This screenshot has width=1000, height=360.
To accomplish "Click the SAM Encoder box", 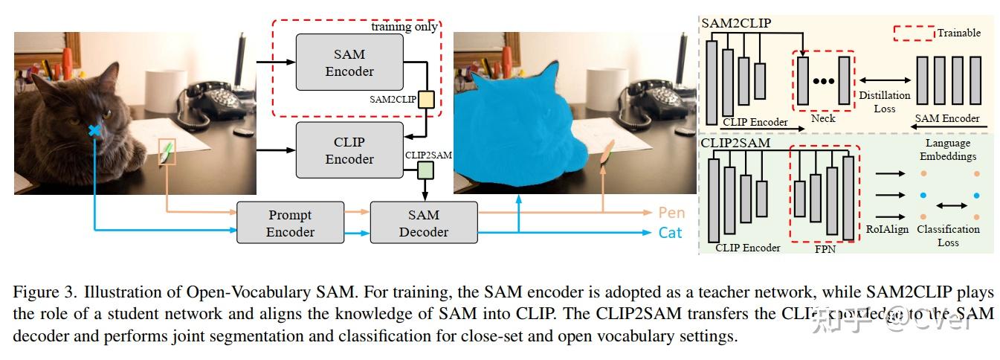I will pyautogui.click(x=349, y=62).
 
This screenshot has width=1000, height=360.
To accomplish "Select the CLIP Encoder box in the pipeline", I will pyautogui.click(x=349, y=150).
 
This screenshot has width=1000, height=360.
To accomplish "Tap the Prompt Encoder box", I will pyautogui.click(x=290, y=222).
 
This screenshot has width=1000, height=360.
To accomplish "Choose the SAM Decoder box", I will pyautogui.click(x=424, y=222).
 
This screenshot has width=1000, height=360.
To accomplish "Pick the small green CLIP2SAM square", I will pyautogui.click(x=425, y=171).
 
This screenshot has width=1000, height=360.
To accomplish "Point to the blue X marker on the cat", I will pyautogui.click(x=94, y=131).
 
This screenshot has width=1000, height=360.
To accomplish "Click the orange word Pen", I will pyautogui.click(x=671, y=213).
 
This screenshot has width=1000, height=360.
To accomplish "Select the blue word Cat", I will pyautogui.click(x=670, y=233).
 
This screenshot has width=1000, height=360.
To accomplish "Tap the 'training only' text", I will pyautogui.click(x=404, y=27).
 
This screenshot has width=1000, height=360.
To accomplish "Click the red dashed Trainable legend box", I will pyautogui.click(x=912, y=33).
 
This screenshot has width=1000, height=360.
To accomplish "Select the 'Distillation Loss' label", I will pyautogui.click(x=884, y=102).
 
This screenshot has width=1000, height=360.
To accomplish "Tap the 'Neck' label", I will pyautogui.click(x=823, y=118).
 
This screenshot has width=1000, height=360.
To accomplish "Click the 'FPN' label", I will pyautogui.click(x=825, y=249).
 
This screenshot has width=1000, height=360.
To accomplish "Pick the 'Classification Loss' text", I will pyautogui.click(x=948, y=236).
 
